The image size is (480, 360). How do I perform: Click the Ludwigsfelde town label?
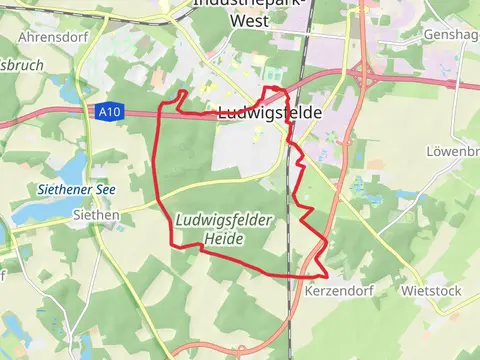269,113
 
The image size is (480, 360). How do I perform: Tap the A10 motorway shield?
110,113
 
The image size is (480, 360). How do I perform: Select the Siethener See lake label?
62,188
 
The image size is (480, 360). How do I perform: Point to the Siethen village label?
97,214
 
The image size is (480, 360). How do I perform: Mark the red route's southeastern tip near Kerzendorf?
326,272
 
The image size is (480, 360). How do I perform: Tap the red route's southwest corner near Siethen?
172,243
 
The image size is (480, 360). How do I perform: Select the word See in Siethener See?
105,188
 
